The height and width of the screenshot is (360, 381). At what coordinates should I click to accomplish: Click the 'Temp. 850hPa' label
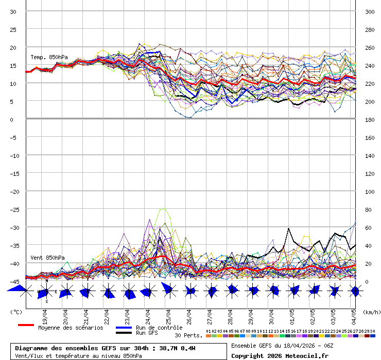(49, 57)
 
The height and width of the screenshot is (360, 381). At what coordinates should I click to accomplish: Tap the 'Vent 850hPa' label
(47, 257)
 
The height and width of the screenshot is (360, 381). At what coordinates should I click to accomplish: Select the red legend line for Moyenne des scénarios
(26, 325)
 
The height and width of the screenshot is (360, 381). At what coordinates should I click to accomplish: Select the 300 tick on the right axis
(370, 11)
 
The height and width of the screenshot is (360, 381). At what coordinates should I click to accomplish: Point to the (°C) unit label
(16, 312)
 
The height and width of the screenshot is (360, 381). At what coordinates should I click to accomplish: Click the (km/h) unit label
(371, 312)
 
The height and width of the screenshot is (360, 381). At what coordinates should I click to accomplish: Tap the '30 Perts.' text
(188, 335)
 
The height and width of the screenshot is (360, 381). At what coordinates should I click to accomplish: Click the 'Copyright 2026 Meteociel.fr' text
(280, 355)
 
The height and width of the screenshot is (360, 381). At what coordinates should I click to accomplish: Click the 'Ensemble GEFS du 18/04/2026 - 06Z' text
(282, 346)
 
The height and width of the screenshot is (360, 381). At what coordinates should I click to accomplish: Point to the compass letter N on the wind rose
(47, 281)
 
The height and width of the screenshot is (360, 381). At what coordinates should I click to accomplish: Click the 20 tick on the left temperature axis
(13, 47)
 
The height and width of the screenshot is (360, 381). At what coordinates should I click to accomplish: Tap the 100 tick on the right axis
(370, 191)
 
